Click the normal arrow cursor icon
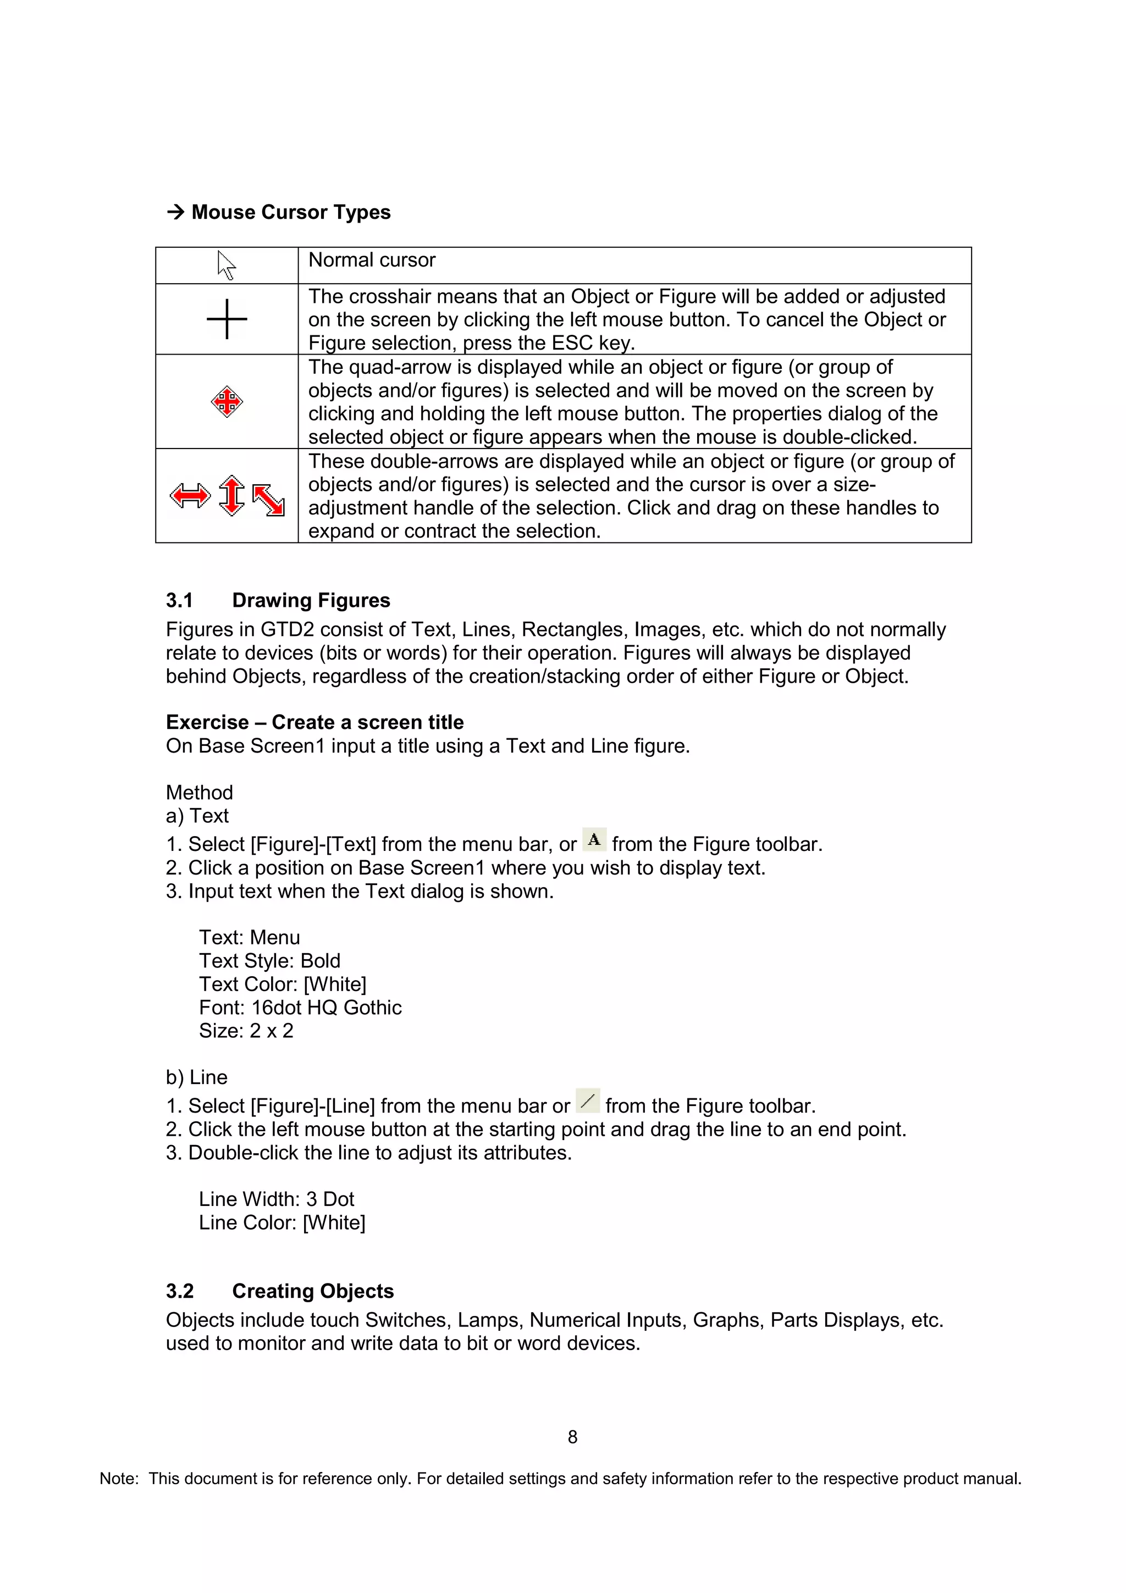(226, 265)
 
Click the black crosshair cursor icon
(227, 319)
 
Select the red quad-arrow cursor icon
(227, 402)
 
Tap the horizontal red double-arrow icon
(189, 495)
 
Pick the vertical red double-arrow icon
(231, 495)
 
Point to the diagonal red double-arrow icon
(268, 500)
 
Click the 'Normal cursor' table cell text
(372, 260)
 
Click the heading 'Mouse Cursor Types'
(291, 212)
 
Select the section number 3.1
(179, 600)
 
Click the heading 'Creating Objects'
(313, 1291)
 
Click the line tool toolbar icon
(588, 1101)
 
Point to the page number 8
(572, 1437)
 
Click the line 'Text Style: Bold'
(269, 961)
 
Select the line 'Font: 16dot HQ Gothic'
(300, 1008)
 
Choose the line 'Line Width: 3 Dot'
(276, 1199)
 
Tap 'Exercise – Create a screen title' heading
(314, 722)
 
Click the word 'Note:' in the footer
(119, 1479)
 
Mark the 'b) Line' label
(196, 1077)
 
